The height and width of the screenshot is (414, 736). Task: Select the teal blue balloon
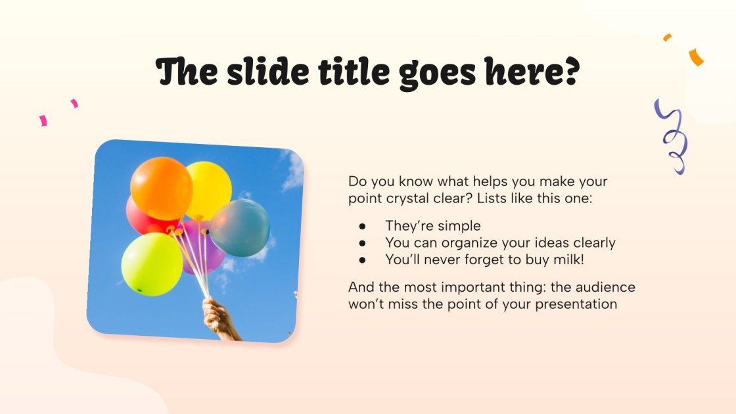coord(241,228)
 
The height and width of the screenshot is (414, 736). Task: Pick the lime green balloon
coord(152,264)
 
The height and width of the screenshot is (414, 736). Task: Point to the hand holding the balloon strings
coord(219,319)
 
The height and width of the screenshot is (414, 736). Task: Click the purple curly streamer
coord(672,136)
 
